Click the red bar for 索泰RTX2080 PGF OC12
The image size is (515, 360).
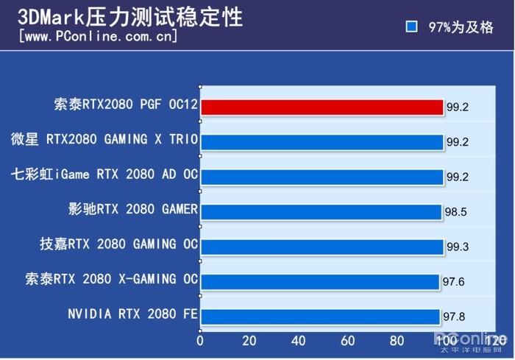pyautogui.click(x=322, y=107)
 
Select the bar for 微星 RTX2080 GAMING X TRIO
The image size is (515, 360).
pyautogui.click(x=322, y=141)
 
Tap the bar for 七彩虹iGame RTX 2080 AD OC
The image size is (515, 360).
pyautogui.click(x=322, y=177)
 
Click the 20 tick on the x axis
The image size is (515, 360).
pyautogui.click(x=249, y=341)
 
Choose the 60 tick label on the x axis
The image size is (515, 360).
pyautogui.click(x=348, y=341)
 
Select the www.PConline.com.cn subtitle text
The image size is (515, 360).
pyautogui.click(x=99, y=35)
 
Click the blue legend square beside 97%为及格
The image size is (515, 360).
pyautogui.click(x=412, y=27)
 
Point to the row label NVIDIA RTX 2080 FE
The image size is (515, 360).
pyautogui.click(x=132, y=314)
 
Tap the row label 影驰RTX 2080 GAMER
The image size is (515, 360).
pyautogui.click(x=132, y=209)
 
